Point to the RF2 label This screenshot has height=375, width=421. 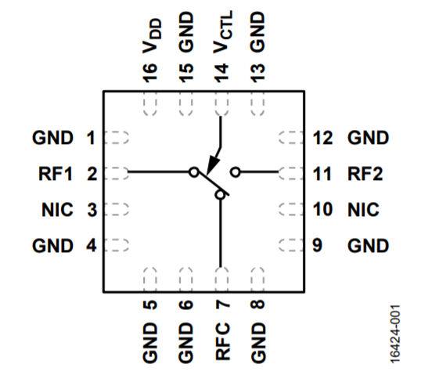pos(365,174)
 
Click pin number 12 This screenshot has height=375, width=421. pos(322,139)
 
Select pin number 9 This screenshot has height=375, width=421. pos(318,246)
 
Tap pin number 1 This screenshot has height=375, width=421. pos(91,139)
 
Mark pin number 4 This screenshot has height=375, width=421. pos(91,246)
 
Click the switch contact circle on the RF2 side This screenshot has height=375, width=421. pos(234,171)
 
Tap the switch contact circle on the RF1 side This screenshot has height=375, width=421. pos(194,171)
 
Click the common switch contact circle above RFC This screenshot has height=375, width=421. pos(221,196)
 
